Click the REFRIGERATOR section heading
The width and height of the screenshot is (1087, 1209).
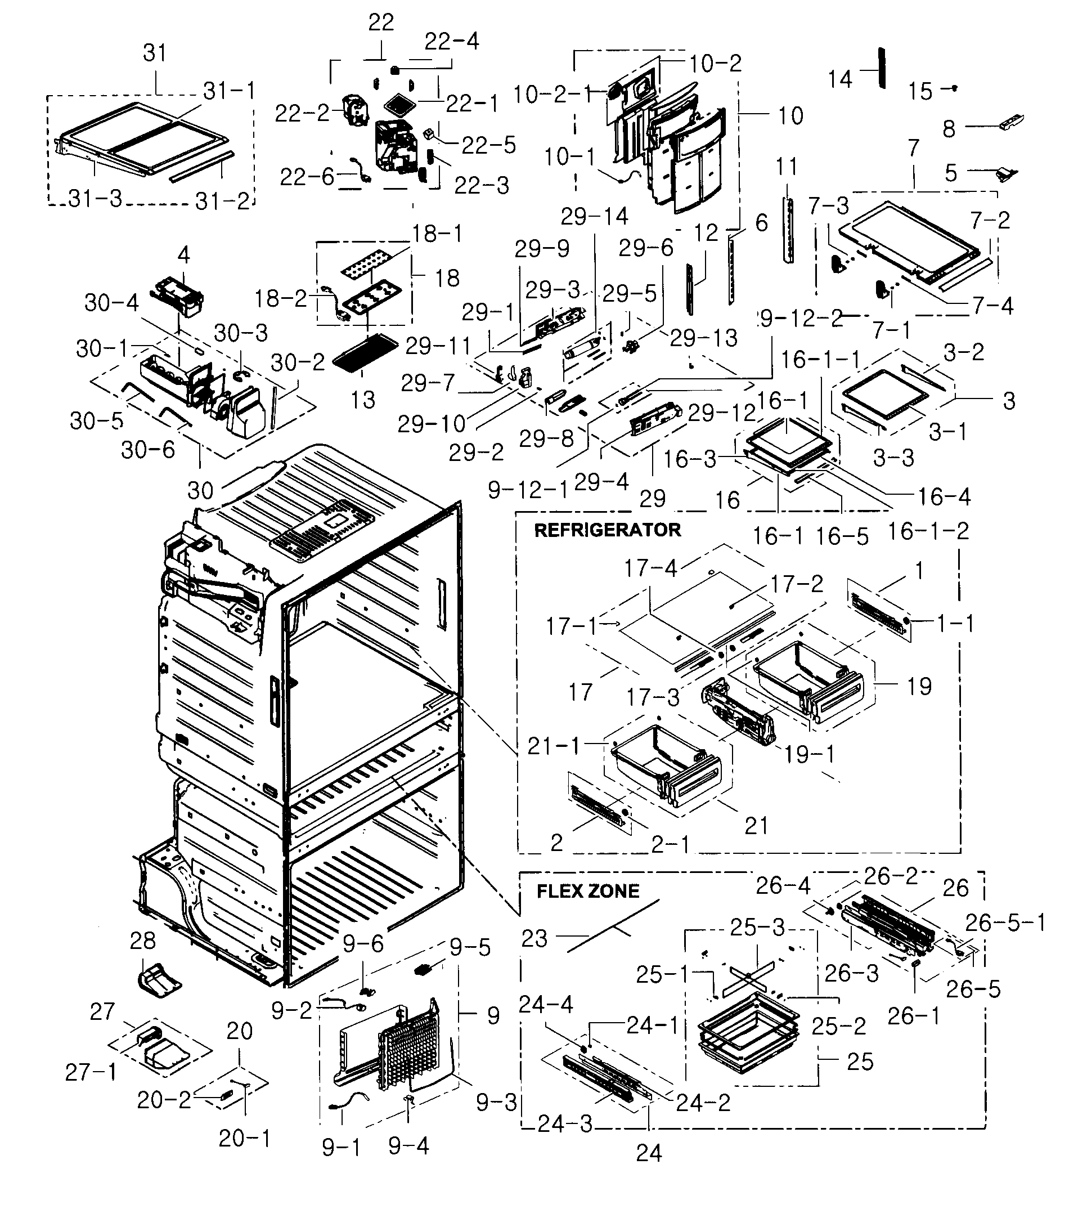point(607,530)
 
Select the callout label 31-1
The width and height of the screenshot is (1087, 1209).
point(229,91)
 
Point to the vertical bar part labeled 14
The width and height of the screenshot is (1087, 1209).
point(881,68)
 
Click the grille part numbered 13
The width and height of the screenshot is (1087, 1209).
point(365,353)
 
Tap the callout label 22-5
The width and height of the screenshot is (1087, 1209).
point(488,145)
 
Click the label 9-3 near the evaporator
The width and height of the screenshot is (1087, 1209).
point(496,1103)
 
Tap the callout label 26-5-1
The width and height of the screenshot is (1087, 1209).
point(1005,923)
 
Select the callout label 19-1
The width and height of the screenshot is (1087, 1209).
point(809,754)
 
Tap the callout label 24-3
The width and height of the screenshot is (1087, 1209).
point(564,1123)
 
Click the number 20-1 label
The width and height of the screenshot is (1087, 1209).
point(244,1139)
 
